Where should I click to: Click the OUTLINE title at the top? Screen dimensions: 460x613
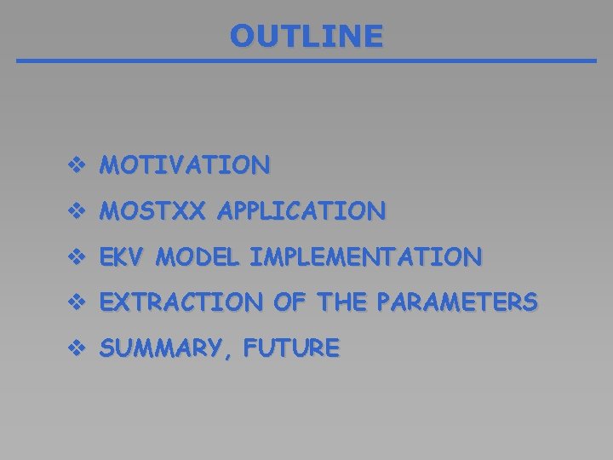(306, 36)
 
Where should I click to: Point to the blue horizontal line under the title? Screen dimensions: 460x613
(306, 61)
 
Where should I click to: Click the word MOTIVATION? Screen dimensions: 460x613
(185, 164)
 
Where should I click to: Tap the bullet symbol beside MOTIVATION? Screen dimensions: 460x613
(77, 164)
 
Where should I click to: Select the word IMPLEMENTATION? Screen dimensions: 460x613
(366, 256)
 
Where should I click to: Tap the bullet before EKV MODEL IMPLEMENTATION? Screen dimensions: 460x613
(77, 256)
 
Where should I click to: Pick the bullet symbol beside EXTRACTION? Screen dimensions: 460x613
(77, 302)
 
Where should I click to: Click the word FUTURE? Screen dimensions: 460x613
(292, 348)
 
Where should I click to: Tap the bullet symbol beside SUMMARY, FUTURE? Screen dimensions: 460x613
(77, 348)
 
